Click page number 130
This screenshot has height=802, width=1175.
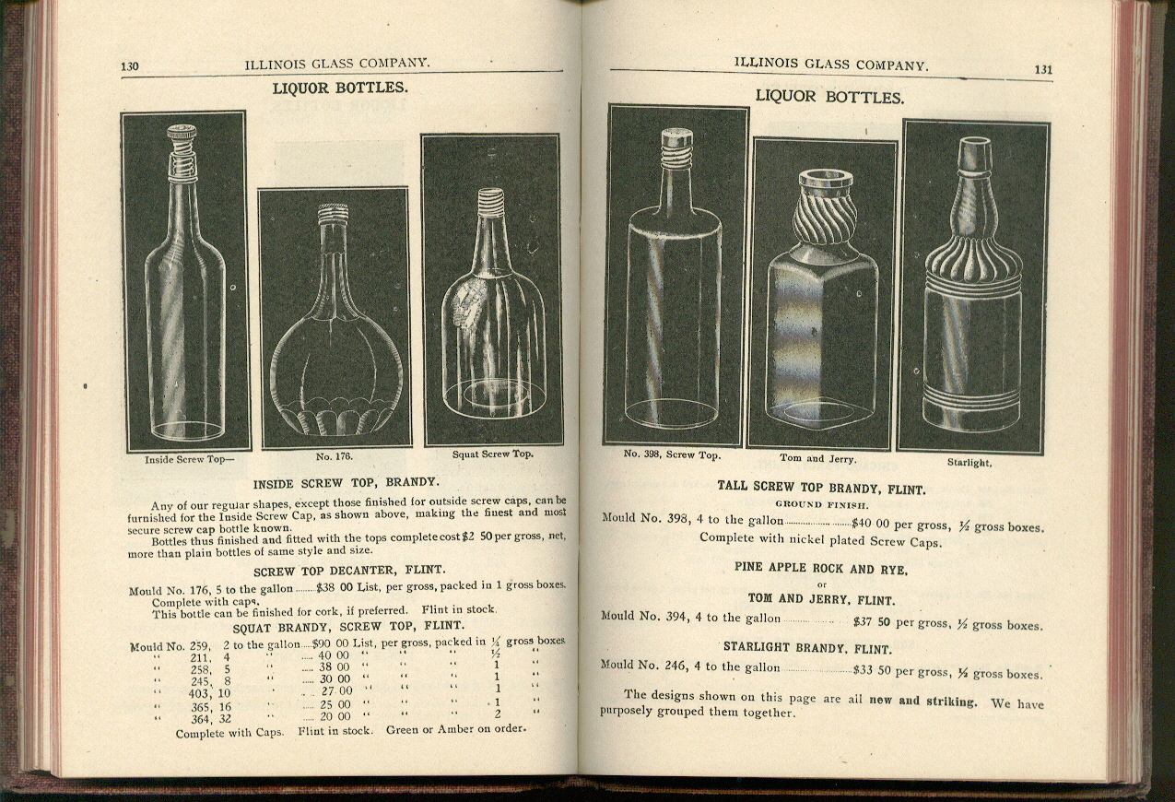129,65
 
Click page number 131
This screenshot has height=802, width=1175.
1043,69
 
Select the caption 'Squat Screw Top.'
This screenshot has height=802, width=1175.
492,454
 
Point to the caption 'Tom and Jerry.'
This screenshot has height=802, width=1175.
817,458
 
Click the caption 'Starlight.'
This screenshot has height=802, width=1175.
969,462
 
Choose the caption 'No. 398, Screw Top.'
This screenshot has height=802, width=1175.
672,454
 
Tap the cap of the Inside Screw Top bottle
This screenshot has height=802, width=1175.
182,133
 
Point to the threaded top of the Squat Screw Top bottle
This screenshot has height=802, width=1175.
491,202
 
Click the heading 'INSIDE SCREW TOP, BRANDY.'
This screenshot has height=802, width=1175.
347,482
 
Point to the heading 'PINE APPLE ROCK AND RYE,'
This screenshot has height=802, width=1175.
821,570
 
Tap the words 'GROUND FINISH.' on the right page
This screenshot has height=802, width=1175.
820,504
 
